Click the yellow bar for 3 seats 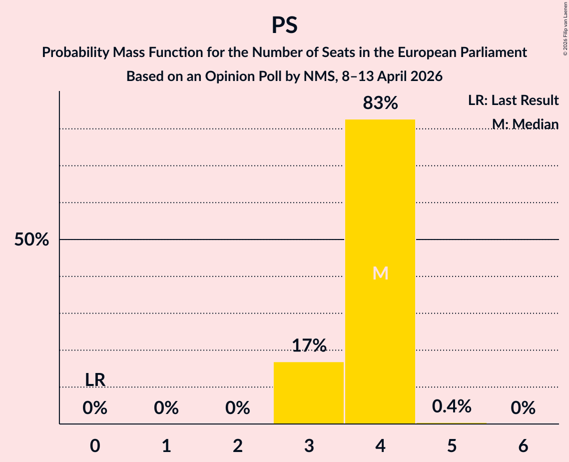pos(309,392)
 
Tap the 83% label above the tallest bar pos(380,103)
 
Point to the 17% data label pos(309,345)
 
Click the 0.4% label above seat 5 pos(452,406)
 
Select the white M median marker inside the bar pos(380,273)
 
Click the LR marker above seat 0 pos(95,380)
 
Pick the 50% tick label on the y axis pos(31,240)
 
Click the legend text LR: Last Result pos(513,100)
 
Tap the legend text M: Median pos(525,124)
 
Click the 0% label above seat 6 pos(523,408)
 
